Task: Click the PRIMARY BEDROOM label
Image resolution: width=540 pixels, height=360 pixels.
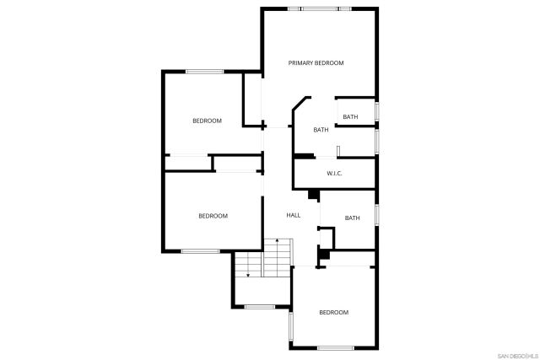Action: pyautogui.click(x=316, y=63)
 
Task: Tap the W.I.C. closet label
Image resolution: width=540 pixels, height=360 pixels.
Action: pyautogui.click(x=334, y=174)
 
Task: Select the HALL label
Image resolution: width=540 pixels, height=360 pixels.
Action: pyautogui.click(x=294, y=215)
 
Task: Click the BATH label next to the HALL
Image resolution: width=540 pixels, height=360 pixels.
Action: pyautogui.click(x=352, y=218)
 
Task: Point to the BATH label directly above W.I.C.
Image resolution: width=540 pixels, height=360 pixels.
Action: pyautogui.click(x=321, y=130)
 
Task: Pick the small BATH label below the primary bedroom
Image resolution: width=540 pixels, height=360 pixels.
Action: pyautogui.click(x=350, y=117)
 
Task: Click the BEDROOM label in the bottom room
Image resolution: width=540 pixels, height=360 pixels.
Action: pyautogui.click(x=333, y=313)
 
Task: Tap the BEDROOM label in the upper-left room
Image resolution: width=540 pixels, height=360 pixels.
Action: pyautogui.click(x=207, y=121)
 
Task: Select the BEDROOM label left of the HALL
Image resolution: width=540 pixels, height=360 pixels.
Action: pyautogui.click(x=213, y=216)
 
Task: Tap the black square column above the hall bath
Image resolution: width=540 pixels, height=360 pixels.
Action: pyautogui.click(x=314, y=195)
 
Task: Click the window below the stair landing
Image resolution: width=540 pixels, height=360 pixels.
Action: pyautogui.click(x=260, y=307)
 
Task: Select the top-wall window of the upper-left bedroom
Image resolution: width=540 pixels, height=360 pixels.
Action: pyautogui.click(x=203, y=72)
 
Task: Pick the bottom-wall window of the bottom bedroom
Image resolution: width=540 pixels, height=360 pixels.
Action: pyautogui.click(x=335, y=348)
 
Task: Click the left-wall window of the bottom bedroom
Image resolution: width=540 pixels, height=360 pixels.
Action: pyautogui.click(x=290, y=325)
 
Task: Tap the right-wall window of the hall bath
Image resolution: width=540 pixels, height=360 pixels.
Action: pyautogui.click(x=376, y=214)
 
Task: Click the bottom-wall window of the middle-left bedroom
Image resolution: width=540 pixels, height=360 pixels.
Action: pyautogui.click(x=200, y=251)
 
